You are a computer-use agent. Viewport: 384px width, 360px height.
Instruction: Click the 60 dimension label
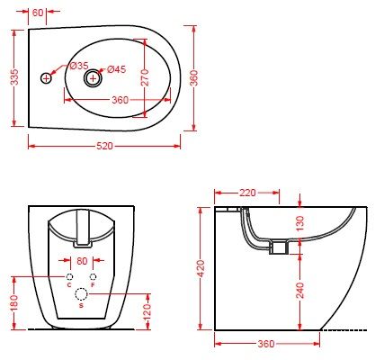click(x=38, y=13)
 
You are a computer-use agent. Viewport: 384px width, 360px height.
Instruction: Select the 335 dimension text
click(x=14, y=77)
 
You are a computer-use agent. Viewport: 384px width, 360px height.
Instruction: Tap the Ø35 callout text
click(x=79, y=66)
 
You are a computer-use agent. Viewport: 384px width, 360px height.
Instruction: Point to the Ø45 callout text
click(x=116, y=69)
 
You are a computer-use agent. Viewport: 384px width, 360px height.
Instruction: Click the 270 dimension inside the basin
click(x=145, y=77)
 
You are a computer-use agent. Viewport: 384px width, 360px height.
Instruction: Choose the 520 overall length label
click(x=104, y=146)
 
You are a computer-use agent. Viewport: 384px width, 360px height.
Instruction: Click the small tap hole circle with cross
click(x=46, y=78)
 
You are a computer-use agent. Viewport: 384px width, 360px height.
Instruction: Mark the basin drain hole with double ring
click(x=93, y=78)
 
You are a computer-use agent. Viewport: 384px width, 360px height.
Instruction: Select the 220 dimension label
click(x=247, y=193)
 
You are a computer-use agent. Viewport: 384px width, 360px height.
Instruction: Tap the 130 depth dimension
click(x=299, y=223)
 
